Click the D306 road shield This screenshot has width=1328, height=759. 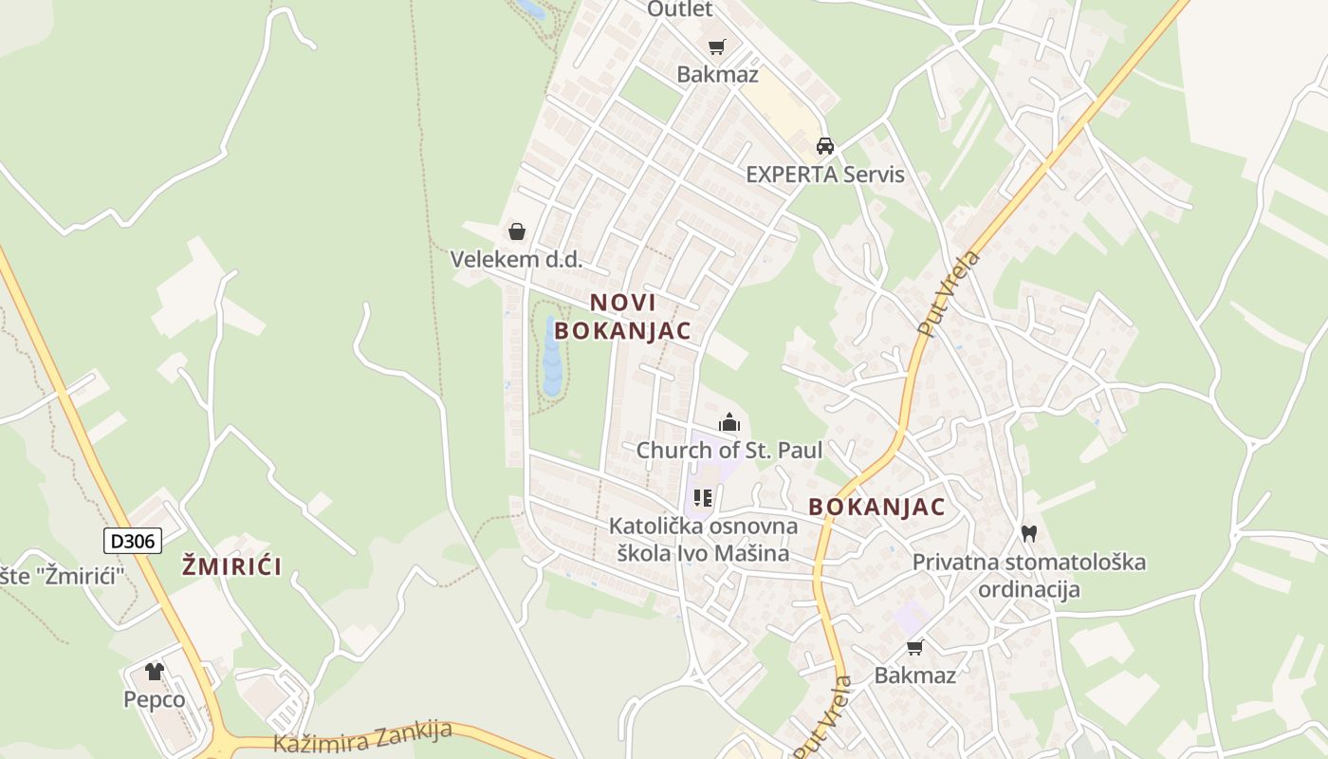pyautogui.click(x=133, y=541)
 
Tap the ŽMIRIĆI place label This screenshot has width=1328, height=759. pyautogui.click(x=231, y=567)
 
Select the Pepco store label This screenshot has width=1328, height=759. pyautogui.click(x=155, y=699)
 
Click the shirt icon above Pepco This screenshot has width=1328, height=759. pyautogui.click(x=155, y=672)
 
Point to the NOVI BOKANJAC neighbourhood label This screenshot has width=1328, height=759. pyautogui.click(x=623, y=316)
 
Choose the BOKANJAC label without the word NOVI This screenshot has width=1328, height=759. pyautogui.click(x=876, y=507)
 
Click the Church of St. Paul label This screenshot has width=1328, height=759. pyautogui.click(x=729, y=450)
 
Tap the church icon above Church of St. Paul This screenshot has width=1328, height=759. pyautogui.click(x=729, y=422)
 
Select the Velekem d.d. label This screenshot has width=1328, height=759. pyautogui.click(x=516, y=259)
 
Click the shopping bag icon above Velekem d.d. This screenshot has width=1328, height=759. pyautogui.click(x=517, y=231)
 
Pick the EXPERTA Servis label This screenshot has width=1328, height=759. pyautogui.click(x=825, y=175)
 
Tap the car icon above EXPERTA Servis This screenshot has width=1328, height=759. pyautogui.click(x=825, y=146)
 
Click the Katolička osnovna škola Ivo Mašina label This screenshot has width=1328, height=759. pyautogui.click(x=703, y=539)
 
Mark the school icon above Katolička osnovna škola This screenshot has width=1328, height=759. pyautogui.click(x=703, y=498)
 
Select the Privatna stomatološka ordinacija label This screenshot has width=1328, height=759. pyautogui.click(x=1029, y=575)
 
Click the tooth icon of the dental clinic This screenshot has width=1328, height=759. pyautogui.click(x=1029, y=534)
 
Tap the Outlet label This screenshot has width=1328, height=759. pyautogui.click(x=679, y=9)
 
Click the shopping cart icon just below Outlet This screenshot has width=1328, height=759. pyautogui.click(x=717, y=46)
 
